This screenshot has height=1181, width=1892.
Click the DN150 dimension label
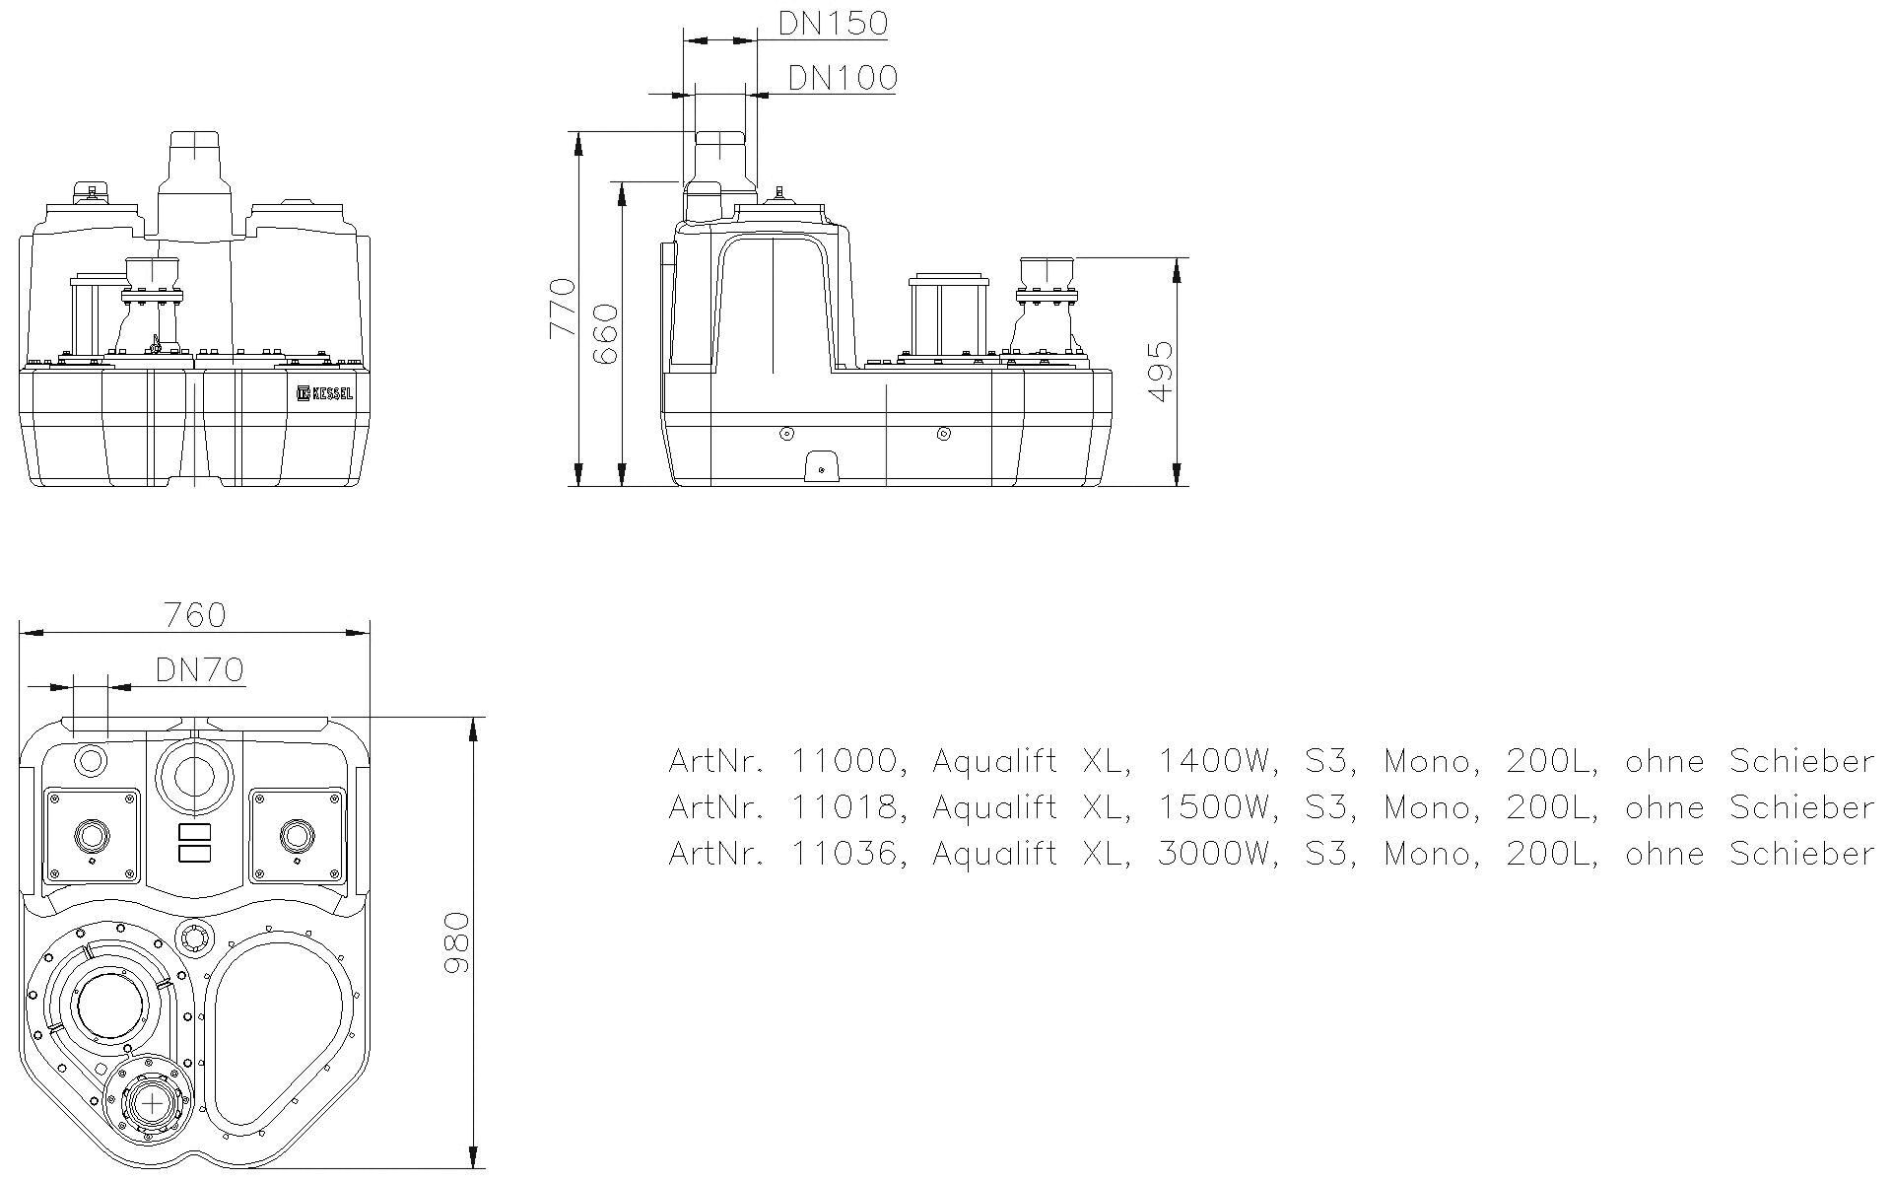[x=833, y=23]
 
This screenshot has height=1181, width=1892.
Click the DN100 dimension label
[x=843, y=78]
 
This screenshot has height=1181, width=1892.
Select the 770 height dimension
[x=562, y=308]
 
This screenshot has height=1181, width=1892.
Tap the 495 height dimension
[x=1162, y=372]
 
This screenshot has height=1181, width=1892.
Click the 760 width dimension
[x=195, y=615]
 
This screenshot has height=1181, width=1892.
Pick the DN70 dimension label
[x=199, y=670]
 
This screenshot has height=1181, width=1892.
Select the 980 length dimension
[x=456, y=942]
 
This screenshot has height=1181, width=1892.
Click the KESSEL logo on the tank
[x=324, y=393]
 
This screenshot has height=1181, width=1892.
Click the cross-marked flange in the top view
[x=153, y=1103]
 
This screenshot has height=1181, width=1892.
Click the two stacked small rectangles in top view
[x=195, y=841]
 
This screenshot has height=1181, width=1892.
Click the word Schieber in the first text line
[x=1801, y=761]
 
